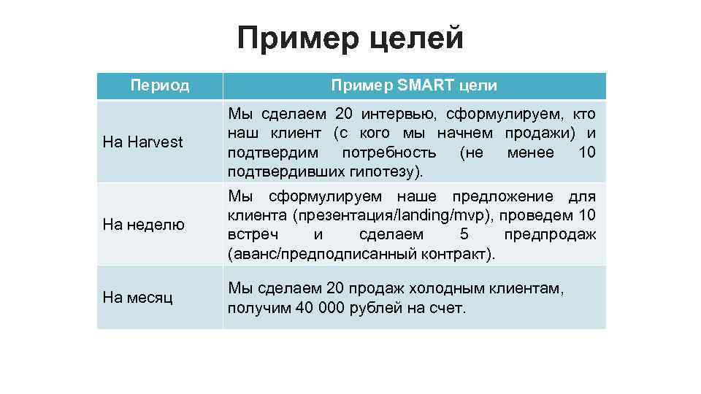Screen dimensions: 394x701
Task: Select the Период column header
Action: pyautogui.click(x=160, y=85)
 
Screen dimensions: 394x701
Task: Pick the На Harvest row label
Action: pyautogui.click(x=143, y=142)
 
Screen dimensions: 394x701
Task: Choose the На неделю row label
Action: pyautogui.click(x=144, y=225)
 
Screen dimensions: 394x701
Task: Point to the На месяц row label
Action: pyautogui.click(x=138, y=297)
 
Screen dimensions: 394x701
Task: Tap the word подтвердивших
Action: pyautogui.click(x=280, y=171)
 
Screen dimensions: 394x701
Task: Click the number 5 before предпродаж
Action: pyautogui.click(x=465, y=234)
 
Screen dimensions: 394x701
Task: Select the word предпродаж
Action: pyautogui.click(x=550, y=234)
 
